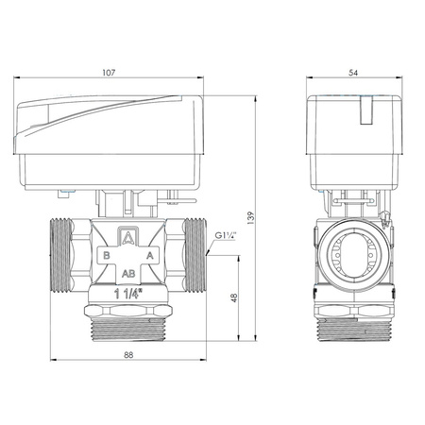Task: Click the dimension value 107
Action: (109, 73)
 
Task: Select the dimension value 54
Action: (353, 73)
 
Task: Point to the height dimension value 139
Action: (250, 218)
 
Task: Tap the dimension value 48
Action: (234, 297)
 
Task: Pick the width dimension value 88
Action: (128, 355)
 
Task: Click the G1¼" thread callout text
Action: (226, 235)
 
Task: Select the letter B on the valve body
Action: (107, 255)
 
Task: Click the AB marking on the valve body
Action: (128, 274)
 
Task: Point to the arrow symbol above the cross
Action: (128, 237)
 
